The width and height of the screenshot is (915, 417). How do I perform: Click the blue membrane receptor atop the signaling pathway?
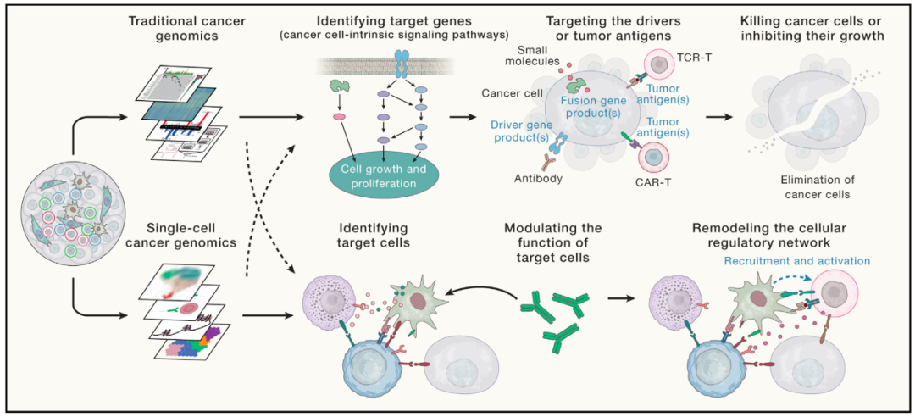[x=402, y=62]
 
